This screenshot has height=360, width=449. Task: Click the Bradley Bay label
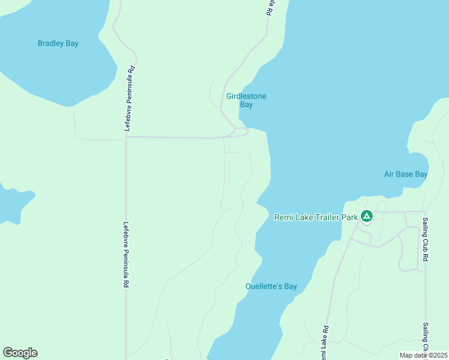point(58,43)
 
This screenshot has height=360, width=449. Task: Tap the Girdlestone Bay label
point(246,100)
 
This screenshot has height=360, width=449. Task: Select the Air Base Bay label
point(406,174)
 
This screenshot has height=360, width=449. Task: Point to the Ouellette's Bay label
point(271,286)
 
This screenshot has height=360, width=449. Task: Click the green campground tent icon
point(366,216)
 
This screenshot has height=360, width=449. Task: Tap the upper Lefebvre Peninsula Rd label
point(128,98)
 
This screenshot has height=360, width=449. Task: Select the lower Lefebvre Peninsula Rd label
point(126,256)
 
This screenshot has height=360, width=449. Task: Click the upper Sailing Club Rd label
point(425,239)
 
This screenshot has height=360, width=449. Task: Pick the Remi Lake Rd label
point(325,343)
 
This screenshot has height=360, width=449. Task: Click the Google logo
point(20,353)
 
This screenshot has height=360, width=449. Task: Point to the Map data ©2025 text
point(423,355)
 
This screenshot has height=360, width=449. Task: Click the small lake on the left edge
point(12,204)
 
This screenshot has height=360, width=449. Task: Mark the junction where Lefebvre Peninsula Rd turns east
point(126,137)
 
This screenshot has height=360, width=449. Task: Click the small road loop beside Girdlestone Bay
point(240,132)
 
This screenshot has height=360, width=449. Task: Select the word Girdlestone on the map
point(246,96)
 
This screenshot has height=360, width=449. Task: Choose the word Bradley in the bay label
point(50,43)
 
